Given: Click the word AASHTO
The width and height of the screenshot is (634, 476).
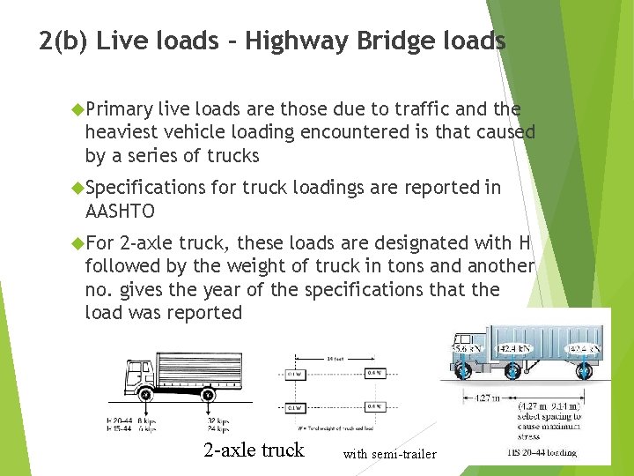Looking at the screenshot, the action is click(x=120, y=212).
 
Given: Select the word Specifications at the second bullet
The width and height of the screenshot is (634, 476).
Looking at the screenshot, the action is click(x=148, y=188).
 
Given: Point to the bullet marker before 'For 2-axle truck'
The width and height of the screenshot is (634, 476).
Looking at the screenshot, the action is click(x=77, y=242).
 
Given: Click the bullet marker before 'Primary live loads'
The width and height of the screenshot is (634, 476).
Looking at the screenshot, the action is click(x=77, y=109).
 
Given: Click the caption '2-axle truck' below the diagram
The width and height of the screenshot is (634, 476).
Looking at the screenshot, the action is click(x=254, y=450).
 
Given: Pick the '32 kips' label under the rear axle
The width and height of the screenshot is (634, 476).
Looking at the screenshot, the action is click(x=218, y=420).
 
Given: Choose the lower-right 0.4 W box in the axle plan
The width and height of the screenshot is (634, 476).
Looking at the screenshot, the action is click(x=374, y=407).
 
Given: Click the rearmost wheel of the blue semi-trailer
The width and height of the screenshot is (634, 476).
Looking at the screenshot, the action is click(x=581, y=373).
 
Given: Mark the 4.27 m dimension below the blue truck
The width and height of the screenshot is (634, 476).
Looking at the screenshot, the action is click(x=490, y=398).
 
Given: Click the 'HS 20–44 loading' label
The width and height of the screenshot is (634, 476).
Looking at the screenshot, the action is click(x=542, y=452).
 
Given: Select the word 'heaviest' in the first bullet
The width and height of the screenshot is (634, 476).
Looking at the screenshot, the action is click(x=118, y=132).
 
